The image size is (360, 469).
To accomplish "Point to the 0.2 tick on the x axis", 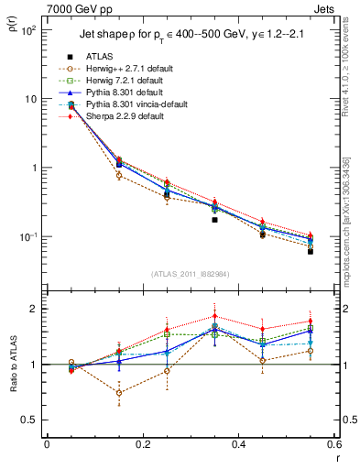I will (143, 445).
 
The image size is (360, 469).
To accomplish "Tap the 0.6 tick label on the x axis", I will (333, 445).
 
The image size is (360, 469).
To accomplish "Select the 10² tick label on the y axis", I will (28, 30).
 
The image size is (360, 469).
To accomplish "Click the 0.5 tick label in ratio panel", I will (29, 420).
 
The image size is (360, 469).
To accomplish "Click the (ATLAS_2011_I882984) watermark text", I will (191, 274).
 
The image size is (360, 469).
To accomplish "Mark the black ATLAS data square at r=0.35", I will (214, 220).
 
